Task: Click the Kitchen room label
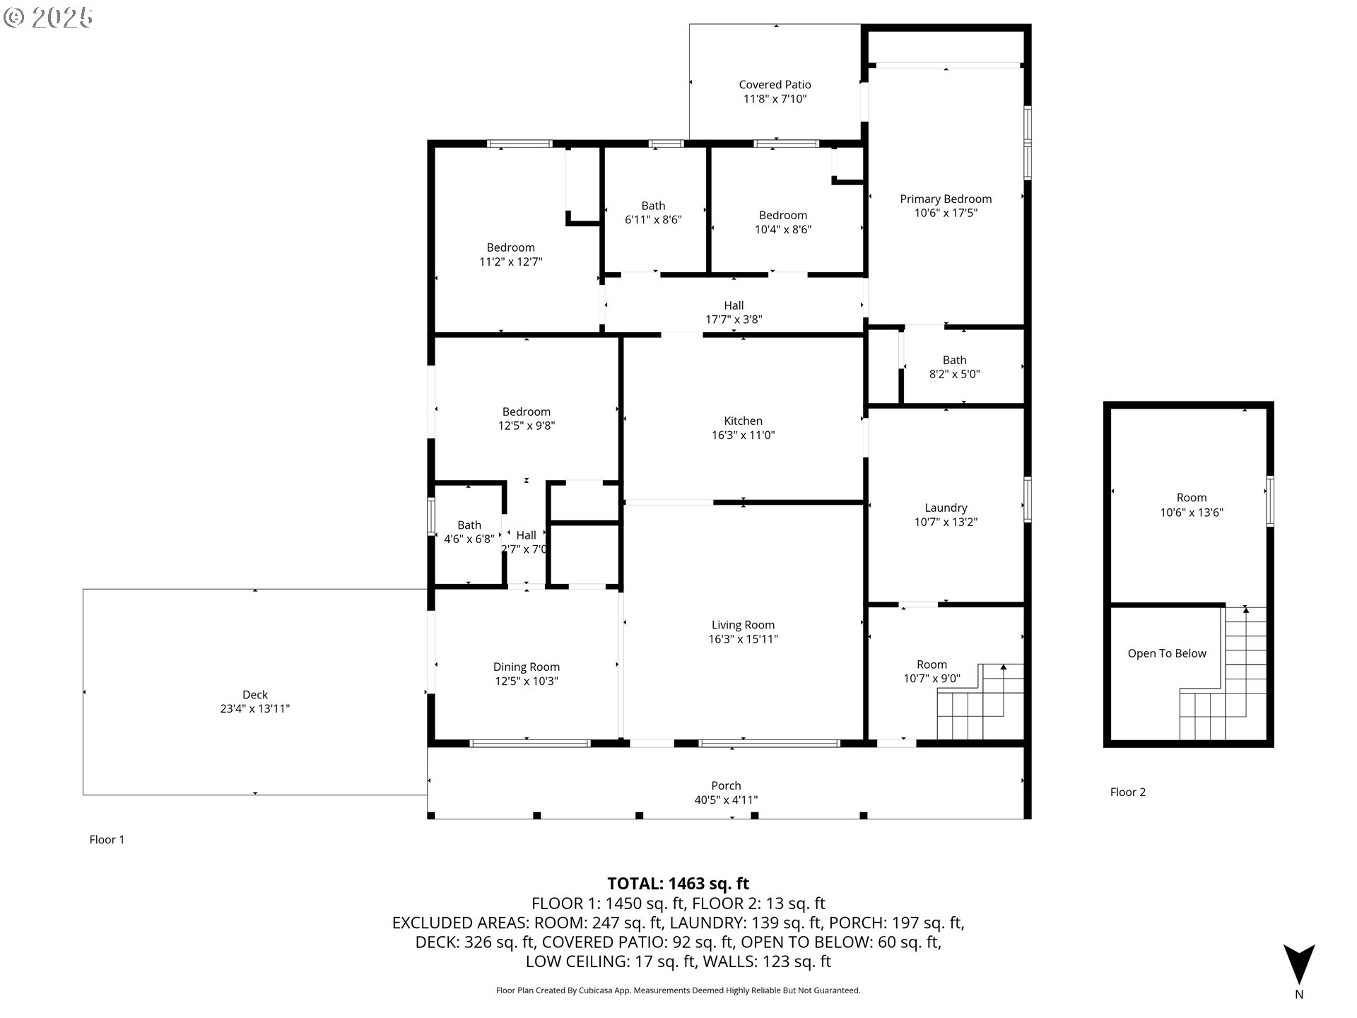[743, 421]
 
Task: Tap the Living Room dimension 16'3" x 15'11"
[743, 639]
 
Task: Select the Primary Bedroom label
[946, 199]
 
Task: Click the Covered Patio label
[775, 85]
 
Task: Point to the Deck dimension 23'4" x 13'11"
[255, 709]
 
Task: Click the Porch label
[726, 785]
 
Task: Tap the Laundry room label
[946, 508]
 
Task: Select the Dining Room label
[527, 667]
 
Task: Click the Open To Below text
[1167, 653]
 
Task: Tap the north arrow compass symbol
[1299, 965]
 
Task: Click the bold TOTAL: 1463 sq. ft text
[678, 884]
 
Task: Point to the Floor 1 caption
[107, 840]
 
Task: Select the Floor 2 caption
[1128, 792]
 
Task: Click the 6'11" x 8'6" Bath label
[653, 206]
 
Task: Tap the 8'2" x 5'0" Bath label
[954, 361]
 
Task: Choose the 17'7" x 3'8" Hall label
[734, 305]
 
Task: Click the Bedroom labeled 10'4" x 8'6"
[783, 216]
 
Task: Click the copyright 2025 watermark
[48, 18]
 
